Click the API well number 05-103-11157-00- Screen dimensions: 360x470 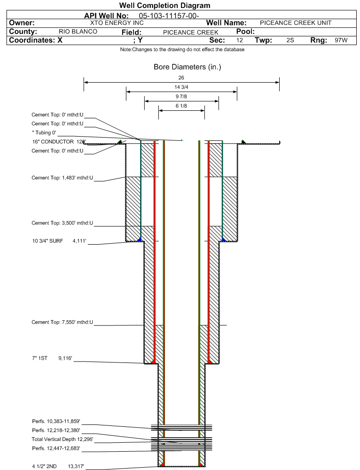point(169,16)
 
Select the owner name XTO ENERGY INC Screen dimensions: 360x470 point(117,23)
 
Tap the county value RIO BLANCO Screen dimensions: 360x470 point(78,31)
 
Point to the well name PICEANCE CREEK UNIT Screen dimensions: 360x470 point(296,23)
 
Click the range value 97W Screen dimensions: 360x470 point(341,40)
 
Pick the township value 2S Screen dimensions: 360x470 point(290,40)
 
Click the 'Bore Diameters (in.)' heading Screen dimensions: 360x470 point(187,67)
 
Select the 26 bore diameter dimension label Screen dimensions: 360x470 point(181,77)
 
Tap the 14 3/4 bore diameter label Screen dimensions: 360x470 point(181,87)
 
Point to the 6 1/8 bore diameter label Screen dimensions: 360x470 point(181,106)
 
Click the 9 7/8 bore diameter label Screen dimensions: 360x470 point(181,97)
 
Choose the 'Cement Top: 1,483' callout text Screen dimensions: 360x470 point(63,178)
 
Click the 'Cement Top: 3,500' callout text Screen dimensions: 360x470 point(63,223)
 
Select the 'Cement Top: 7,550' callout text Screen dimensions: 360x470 point(63,322)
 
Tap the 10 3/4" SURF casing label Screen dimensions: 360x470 point(59,241)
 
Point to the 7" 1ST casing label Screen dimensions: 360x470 point(52,358)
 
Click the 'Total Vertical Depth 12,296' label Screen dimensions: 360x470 point(63,439)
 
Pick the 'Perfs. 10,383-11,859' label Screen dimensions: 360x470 point(56,422)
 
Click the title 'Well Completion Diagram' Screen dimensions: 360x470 point(164,5)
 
